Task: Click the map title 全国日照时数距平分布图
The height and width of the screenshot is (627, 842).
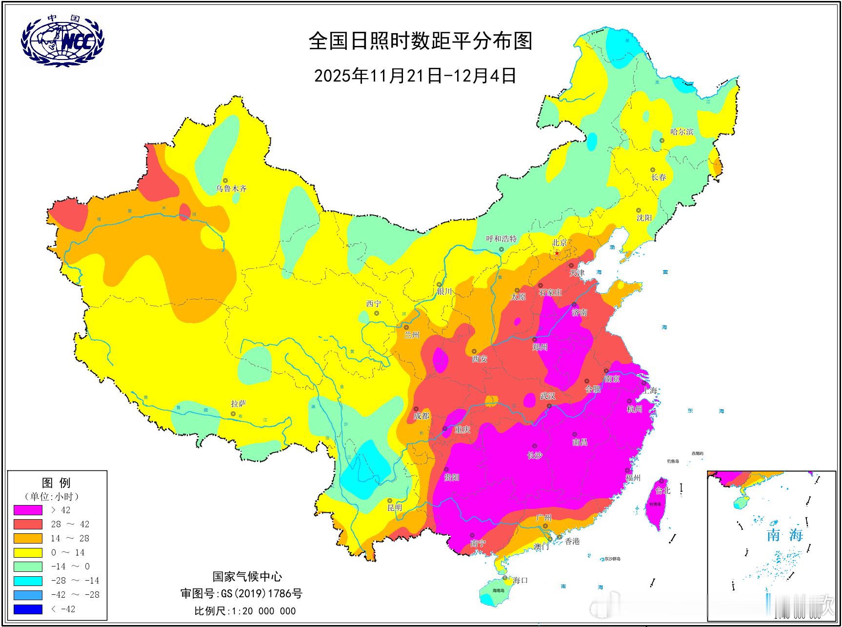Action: (x=420, y=41)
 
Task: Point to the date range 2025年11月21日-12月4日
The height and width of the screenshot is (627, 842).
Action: (x=415, y=76)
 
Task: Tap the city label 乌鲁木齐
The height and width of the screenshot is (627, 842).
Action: (x=232, y=188)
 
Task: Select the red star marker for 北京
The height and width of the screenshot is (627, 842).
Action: (x=557, y=253)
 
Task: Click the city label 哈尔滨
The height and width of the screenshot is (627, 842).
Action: (x=682, y=132)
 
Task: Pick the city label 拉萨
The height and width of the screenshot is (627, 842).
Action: (x=239, y=404)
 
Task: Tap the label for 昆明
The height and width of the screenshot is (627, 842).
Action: (x=395, y=507)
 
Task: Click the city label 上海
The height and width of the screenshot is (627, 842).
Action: (x=650, y=390)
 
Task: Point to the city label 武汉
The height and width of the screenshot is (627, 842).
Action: (x=547, y=396)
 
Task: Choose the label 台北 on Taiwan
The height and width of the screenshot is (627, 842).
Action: (x=662, y=490)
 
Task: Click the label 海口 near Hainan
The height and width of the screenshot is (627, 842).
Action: (x=520, y=580)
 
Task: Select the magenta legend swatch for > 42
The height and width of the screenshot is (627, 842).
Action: (x=28, y=510)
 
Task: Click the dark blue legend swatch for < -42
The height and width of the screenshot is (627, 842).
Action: (x=28, y=609)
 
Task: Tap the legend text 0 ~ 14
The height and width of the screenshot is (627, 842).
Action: (x=68, y=552)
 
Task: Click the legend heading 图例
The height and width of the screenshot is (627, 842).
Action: (x=57, y=483)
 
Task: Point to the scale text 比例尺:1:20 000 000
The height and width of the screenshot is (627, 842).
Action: (x=245, y=611)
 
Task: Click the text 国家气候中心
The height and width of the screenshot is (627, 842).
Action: (x=247, y=577)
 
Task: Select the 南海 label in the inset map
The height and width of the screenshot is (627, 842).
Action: (x=784, y=535)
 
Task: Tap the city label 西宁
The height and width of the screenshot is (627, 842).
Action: (x=373, y=303)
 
